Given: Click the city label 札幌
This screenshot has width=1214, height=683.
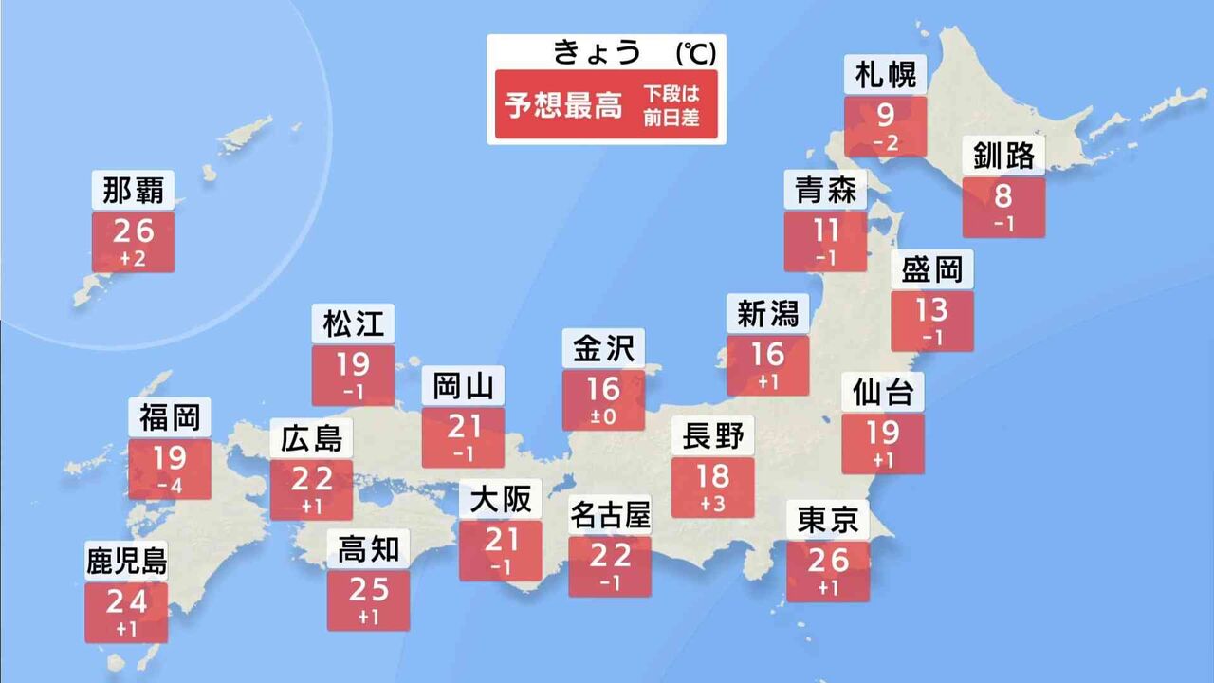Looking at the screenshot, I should point(884,76).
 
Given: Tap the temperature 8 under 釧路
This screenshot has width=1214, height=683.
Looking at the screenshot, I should point(1002,197).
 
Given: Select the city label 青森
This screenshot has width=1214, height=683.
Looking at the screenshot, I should point(825,191).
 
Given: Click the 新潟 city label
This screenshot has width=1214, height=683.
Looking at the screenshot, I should point(767,313).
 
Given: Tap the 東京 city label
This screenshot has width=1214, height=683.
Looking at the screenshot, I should point(828,521).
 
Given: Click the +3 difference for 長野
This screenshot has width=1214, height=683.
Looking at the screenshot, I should point(712,502).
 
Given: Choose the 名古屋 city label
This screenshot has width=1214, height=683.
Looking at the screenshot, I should point(610,517).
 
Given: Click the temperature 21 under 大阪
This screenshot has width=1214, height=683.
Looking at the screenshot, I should point(500,540).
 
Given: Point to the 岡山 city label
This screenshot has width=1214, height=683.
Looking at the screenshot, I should point(463,387).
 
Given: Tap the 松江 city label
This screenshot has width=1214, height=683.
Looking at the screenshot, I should point(353,324).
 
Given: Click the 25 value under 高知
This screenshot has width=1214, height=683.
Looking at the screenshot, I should point(368,589).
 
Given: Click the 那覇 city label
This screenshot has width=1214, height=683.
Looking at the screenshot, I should point(133,191).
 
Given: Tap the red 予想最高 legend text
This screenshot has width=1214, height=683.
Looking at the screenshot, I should point(563,106).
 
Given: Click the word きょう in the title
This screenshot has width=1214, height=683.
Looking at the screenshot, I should point(598,53).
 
